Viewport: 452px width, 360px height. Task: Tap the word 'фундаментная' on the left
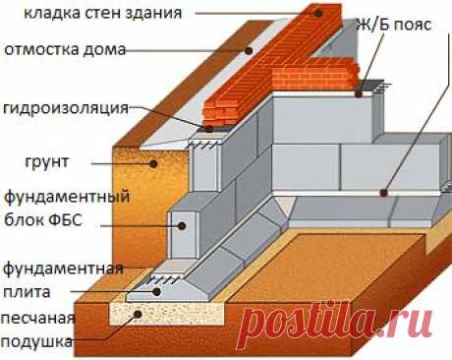[61, 268]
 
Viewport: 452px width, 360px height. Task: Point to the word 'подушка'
[36, 341]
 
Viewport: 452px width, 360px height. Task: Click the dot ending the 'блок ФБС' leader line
[183, 223]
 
